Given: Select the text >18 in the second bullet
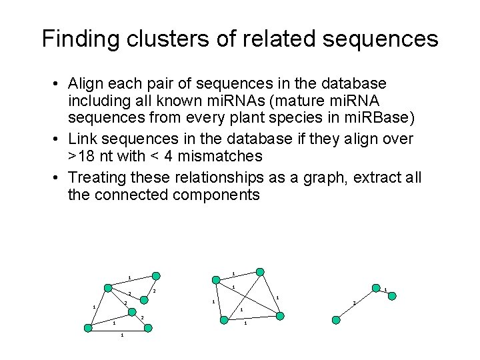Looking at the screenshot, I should tap(81, 156).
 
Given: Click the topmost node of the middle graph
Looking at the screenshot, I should tap(261, 272).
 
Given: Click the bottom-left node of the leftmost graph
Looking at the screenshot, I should tap(88, 327).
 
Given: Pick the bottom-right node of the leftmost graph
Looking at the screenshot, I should tap(149, 327).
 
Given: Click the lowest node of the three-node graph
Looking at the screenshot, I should tap(336, 320).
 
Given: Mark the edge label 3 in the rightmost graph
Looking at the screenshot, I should tap(354, 305).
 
